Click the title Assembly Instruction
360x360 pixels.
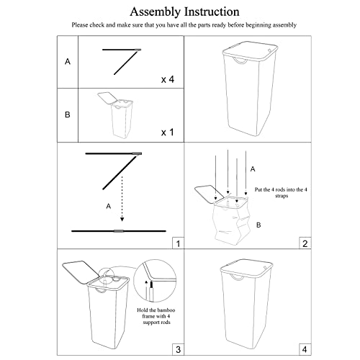pyautogui.click(x=184, y=12)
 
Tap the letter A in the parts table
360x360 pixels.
pyautogui.click(x=68, y=62)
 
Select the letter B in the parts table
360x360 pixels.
pyautogui.click(x=68, y=114)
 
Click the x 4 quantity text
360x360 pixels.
pyautogui.click(x=168, y=79)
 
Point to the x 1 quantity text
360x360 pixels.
pyautogui.click(x=168, y=132)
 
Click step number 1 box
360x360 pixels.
pyautogui.click(x=178, y=243)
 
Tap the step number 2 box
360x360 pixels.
pyautogui.click(x=305, y=243)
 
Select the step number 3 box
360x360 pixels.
pyautogui.click(x=178, y=349)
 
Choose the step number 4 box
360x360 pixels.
pyautogui.click(x=305, y=349)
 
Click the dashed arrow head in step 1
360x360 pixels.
pyautogui.click(x=122, y=219)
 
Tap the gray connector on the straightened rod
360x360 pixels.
pyautogui.click(x=119, y=231)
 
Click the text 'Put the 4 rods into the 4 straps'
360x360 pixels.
pyautogui.click(x=281, y=192)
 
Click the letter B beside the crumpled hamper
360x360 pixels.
pyautogui.click(x=258, y=225)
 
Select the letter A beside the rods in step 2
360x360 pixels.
pyautogui.click(x=253, y=169)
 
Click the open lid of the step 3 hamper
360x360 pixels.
pyautogui.click(x=81, y=272)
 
